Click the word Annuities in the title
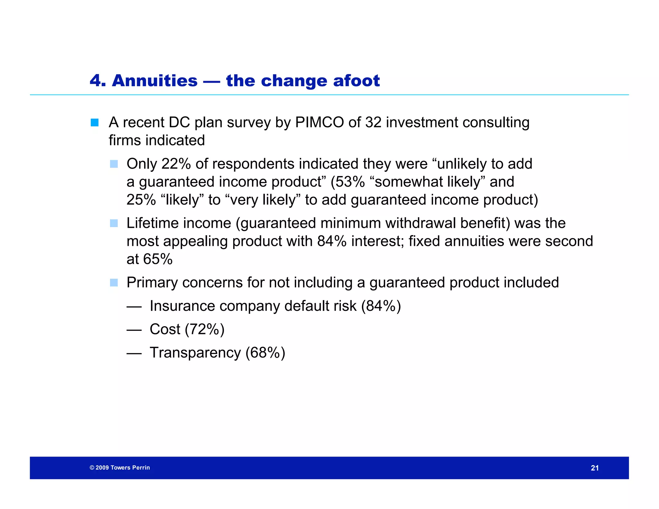[x=154, y=81]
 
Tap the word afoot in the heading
[x=356, y=81]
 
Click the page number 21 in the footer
[x=595, y=468]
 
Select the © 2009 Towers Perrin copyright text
[x=120, y=468]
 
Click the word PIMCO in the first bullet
[x=319, y=123]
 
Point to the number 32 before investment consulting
[x=373, y=123]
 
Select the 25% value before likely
[x=141, y=200]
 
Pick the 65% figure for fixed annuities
[x=158, y=259]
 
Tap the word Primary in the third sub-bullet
[x=152, y=283]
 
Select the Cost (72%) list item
[x=187, y=329]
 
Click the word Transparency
[x=195, y=353]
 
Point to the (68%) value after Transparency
[x=265, y=353]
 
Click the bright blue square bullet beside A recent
[x=95, y=123]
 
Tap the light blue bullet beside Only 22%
[x=114, y=164]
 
